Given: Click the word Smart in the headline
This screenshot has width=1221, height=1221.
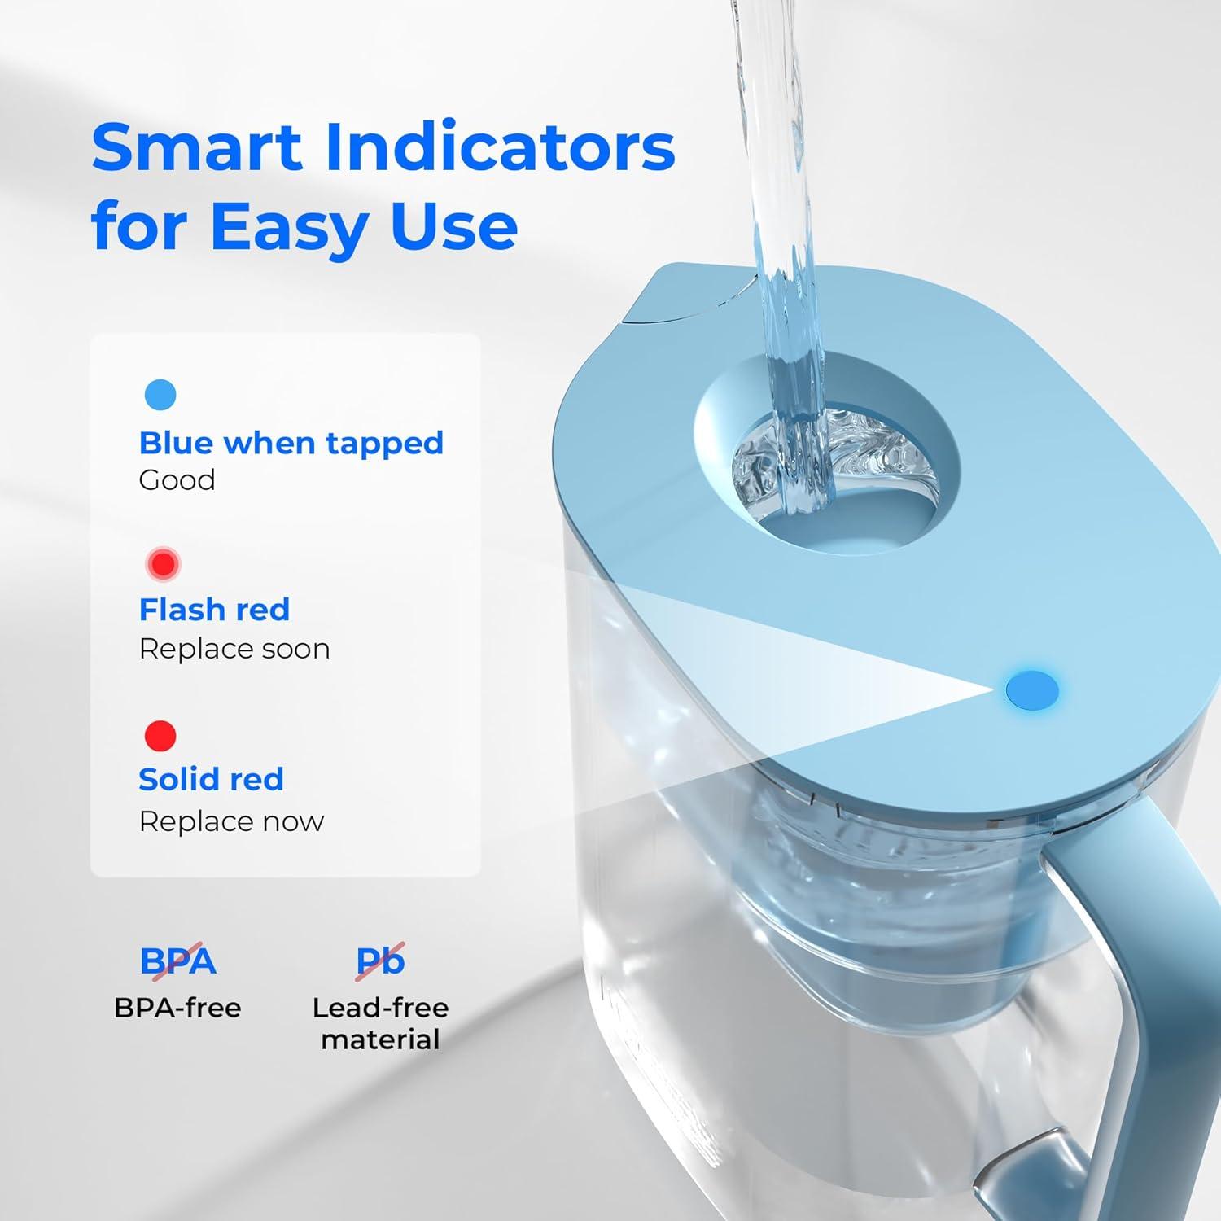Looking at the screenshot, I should click(x=197, y=148).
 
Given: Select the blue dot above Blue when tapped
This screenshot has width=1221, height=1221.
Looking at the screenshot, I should click(x=160, y=395).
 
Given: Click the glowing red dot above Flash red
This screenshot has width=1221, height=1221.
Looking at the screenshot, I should click(x=163, y=563).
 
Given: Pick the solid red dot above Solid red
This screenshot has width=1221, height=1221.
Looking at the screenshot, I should click(x=160, y=736).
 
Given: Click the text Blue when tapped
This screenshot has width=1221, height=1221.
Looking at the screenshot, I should click(x=291, y=443).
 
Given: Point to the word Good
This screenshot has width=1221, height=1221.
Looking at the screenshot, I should click(x=177, y=480).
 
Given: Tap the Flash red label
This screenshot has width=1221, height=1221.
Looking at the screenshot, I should click(x=214, y=610).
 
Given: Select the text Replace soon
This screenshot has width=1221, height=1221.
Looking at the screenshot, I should click(x=234, y=649).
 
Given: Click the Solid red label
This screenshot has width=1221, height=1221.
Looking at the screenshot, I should click(x=211, y=780).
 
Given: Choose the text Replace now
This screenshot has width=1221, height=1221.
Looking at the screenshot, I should click(x=231, y=821).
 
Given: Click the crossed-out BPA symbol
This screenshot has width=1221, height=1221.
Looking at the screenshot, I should click(x=177, y=961).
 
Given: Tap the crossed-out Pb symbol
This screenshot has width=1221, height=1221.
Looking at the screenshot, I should click(x=380, y=961).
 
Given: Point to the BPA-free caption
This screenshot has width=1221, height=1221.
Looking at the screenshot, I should click(x=177, y=1009).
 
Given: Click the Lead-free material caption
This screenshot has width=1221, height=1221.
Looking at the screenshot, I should click(x=380, y=1024).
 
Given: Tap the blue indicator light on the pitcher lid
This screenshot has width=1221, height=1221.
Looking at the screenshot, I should click(x=1032, y=689).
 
